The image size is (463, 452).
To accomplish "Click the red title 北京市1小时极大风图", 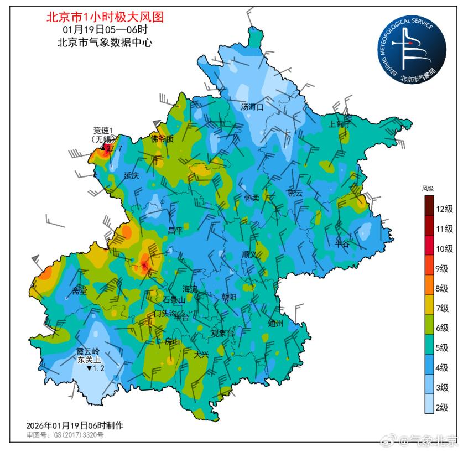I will click(x=105, y=17).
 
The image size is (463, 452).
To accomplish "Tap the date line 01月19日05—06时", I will click(x=105, y=29).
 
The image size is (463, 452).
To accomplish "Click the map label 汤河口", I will click(x=253, y=107).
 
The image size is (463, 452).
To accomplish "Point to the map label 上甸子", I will click(x=340, y=124).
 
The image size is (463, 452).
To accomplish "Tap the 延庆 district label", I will click(x=132, y=175).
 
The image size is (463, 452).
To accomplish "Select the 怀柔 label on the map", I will click(x=252, y=198).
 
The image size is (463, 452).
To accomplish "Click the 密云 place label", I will click(x=295, y=193).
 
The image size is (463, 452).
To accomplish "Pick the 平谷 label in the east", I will click(x=342, y=243).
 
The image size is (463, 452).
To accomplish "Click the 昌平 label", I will click(x=175, y=230).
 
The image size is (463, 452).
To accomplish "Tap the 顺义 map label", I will click(x=249, y=254).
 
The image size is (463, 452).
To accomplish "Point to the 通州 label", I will click(x=275, y=323).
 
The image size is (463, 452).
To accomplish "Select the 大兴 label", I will click(x=201, y=355).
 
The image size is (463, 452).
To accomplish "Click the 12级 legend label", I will click(x=445, y=209).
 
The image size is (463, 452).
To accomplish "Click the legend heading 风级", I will click(x=428, y=189).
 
